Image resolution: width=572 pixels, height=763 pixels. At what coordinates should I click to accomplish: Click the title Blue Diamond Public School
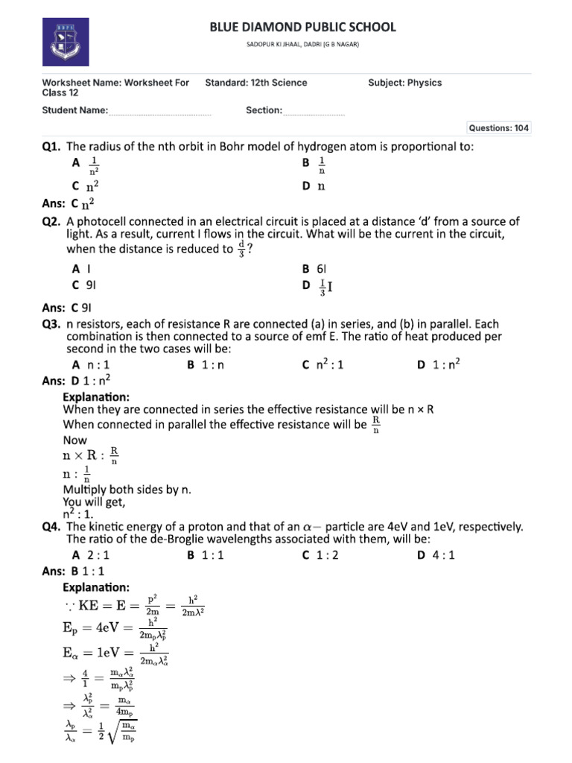click(x=302, y=28)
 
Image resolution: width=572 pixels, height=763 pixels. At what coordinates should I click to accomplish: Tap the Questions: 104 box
click(x=498, y=128)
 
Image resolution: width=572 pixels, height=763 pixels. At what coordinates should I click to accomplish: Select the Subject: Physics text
click(x=404, y=83)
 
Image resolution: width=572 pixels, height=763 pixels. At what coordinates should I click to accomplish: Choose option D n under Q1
click(x=314, y=186)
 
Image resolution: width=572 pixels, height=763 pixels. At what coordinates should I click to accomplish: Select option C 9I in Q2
click(x=84, y=285)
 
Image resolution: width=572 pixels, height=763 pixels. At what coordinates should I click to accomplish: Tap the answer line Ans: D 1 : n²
click(x=77, y=380)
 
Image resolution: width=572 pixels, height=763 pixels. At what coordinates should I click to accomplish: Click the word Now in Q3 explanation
click(x=74, y=440)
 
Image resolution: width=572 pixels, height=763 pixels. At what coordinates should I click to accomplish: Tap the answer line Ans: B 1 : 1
click(x=75, y=571)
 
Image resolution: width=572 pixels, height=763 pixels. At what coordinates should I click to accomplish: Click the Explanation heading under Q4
click(x=96, y=587)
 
